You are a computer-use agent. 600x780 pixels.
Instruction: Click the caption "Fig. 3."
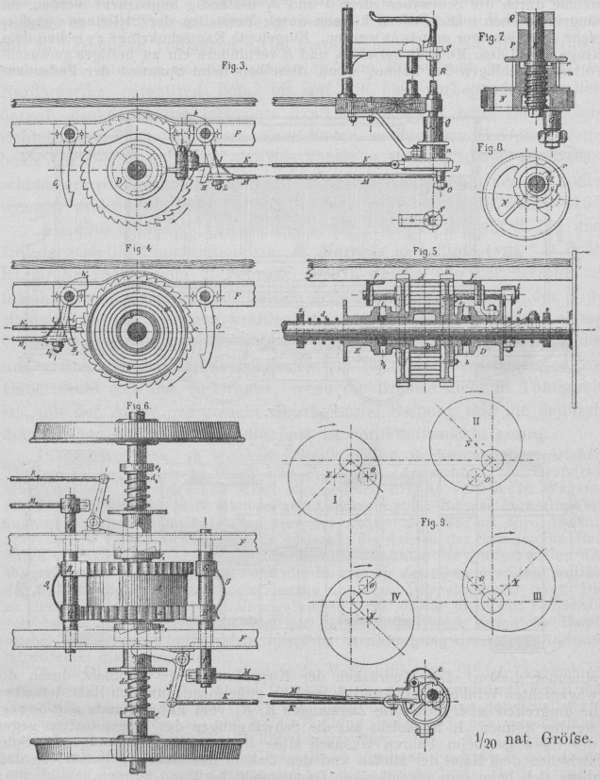[x=231, y=67]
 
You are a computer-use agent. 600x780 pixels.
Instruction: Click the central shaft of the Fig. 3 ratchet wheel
[x=139, y=170]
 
